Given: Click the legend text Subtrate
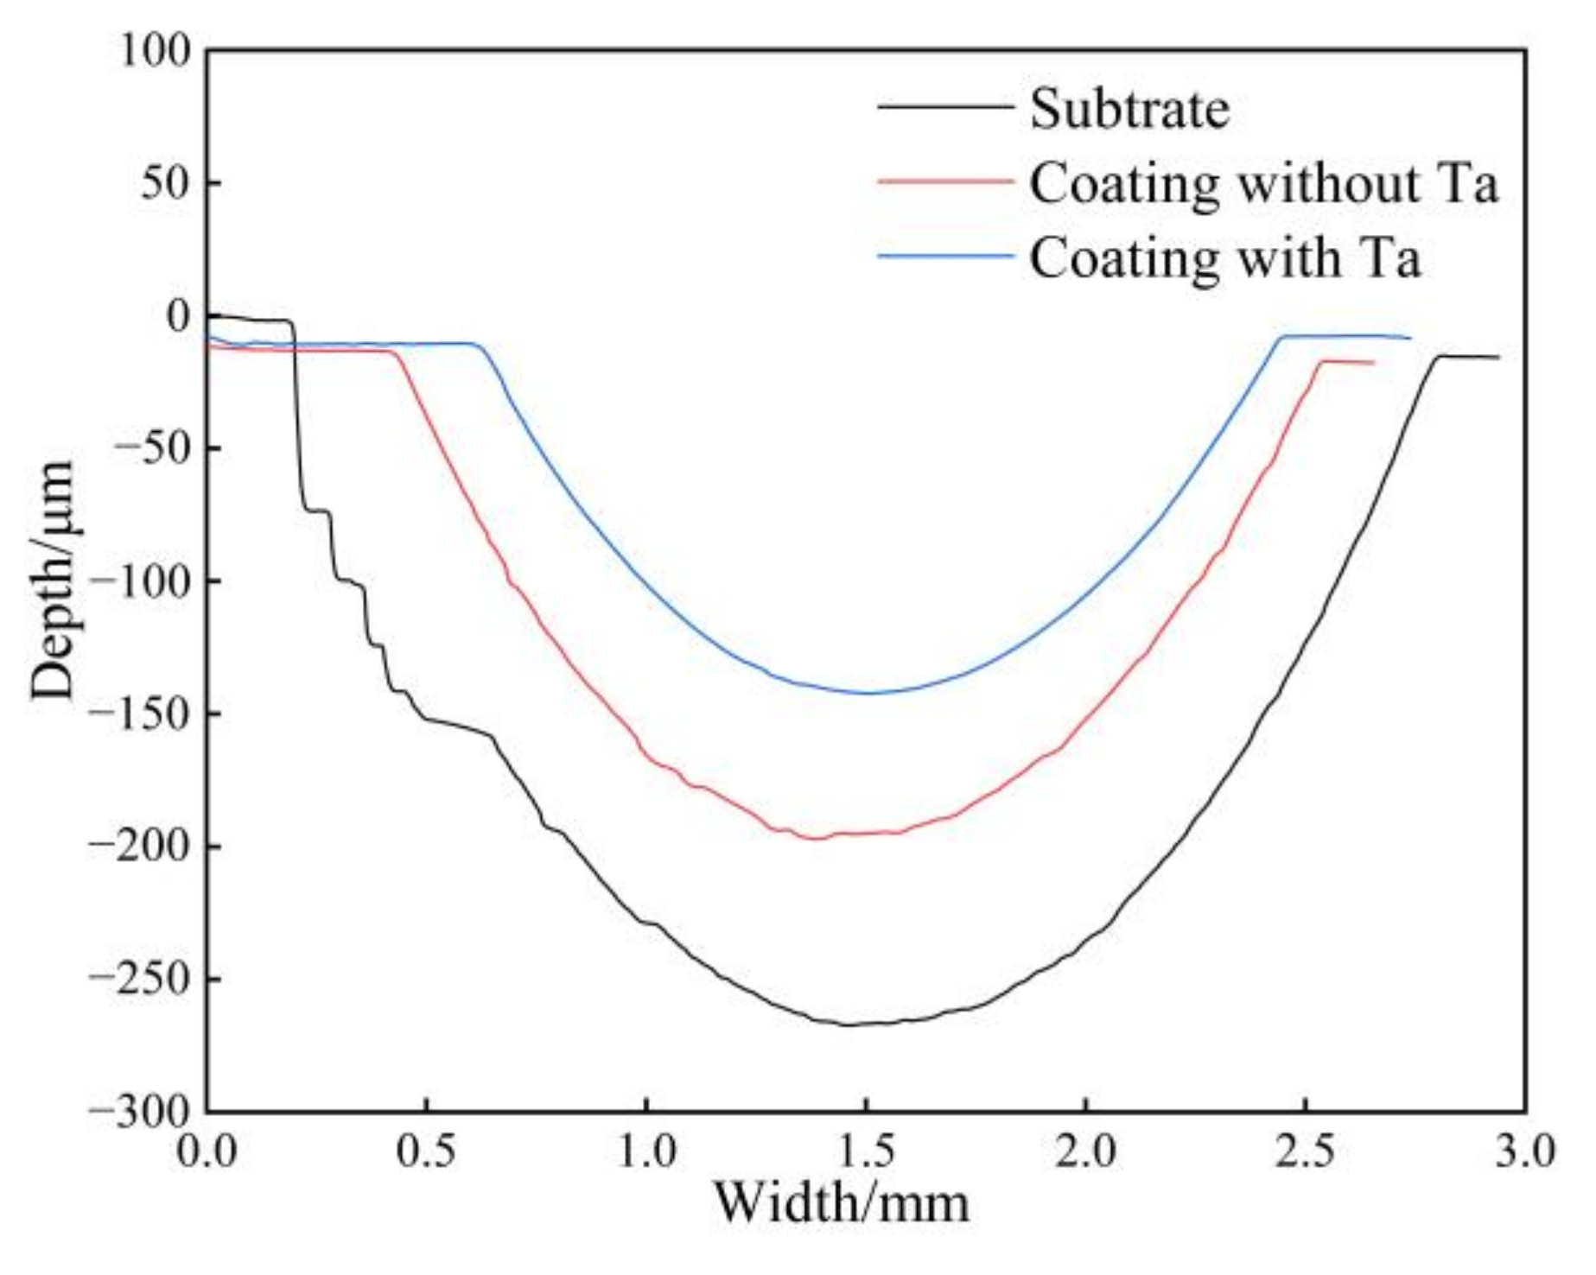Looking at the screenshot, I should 1129,109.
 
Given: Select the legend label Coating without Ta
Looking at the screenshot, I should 1262,183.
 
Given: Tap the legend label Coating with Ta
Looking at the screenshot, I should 1224,257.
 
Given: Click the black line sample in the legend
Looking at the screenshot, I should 944,106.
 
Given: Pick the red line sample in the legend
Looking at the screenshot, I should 944,181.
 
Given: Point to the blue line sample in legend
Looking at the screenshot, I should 944,256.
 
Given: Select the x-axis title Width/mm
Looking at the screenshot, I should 840,1202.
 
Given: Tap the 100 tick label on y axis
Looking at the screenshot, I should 154,52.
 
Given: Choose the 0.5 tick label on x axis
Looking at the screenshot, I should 427,1151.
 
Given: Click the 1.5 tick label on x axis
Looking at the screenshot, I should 866,1151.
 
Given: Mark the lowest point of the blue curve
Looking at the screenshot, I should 867,693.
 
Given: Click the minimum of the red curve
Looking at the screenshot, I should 814,838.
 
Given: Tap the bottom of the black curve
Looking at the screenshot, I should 847,1024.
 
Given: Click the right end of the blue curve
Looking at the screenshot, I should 1409,338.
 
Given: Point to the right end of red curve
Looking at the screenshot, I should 1373,363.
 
